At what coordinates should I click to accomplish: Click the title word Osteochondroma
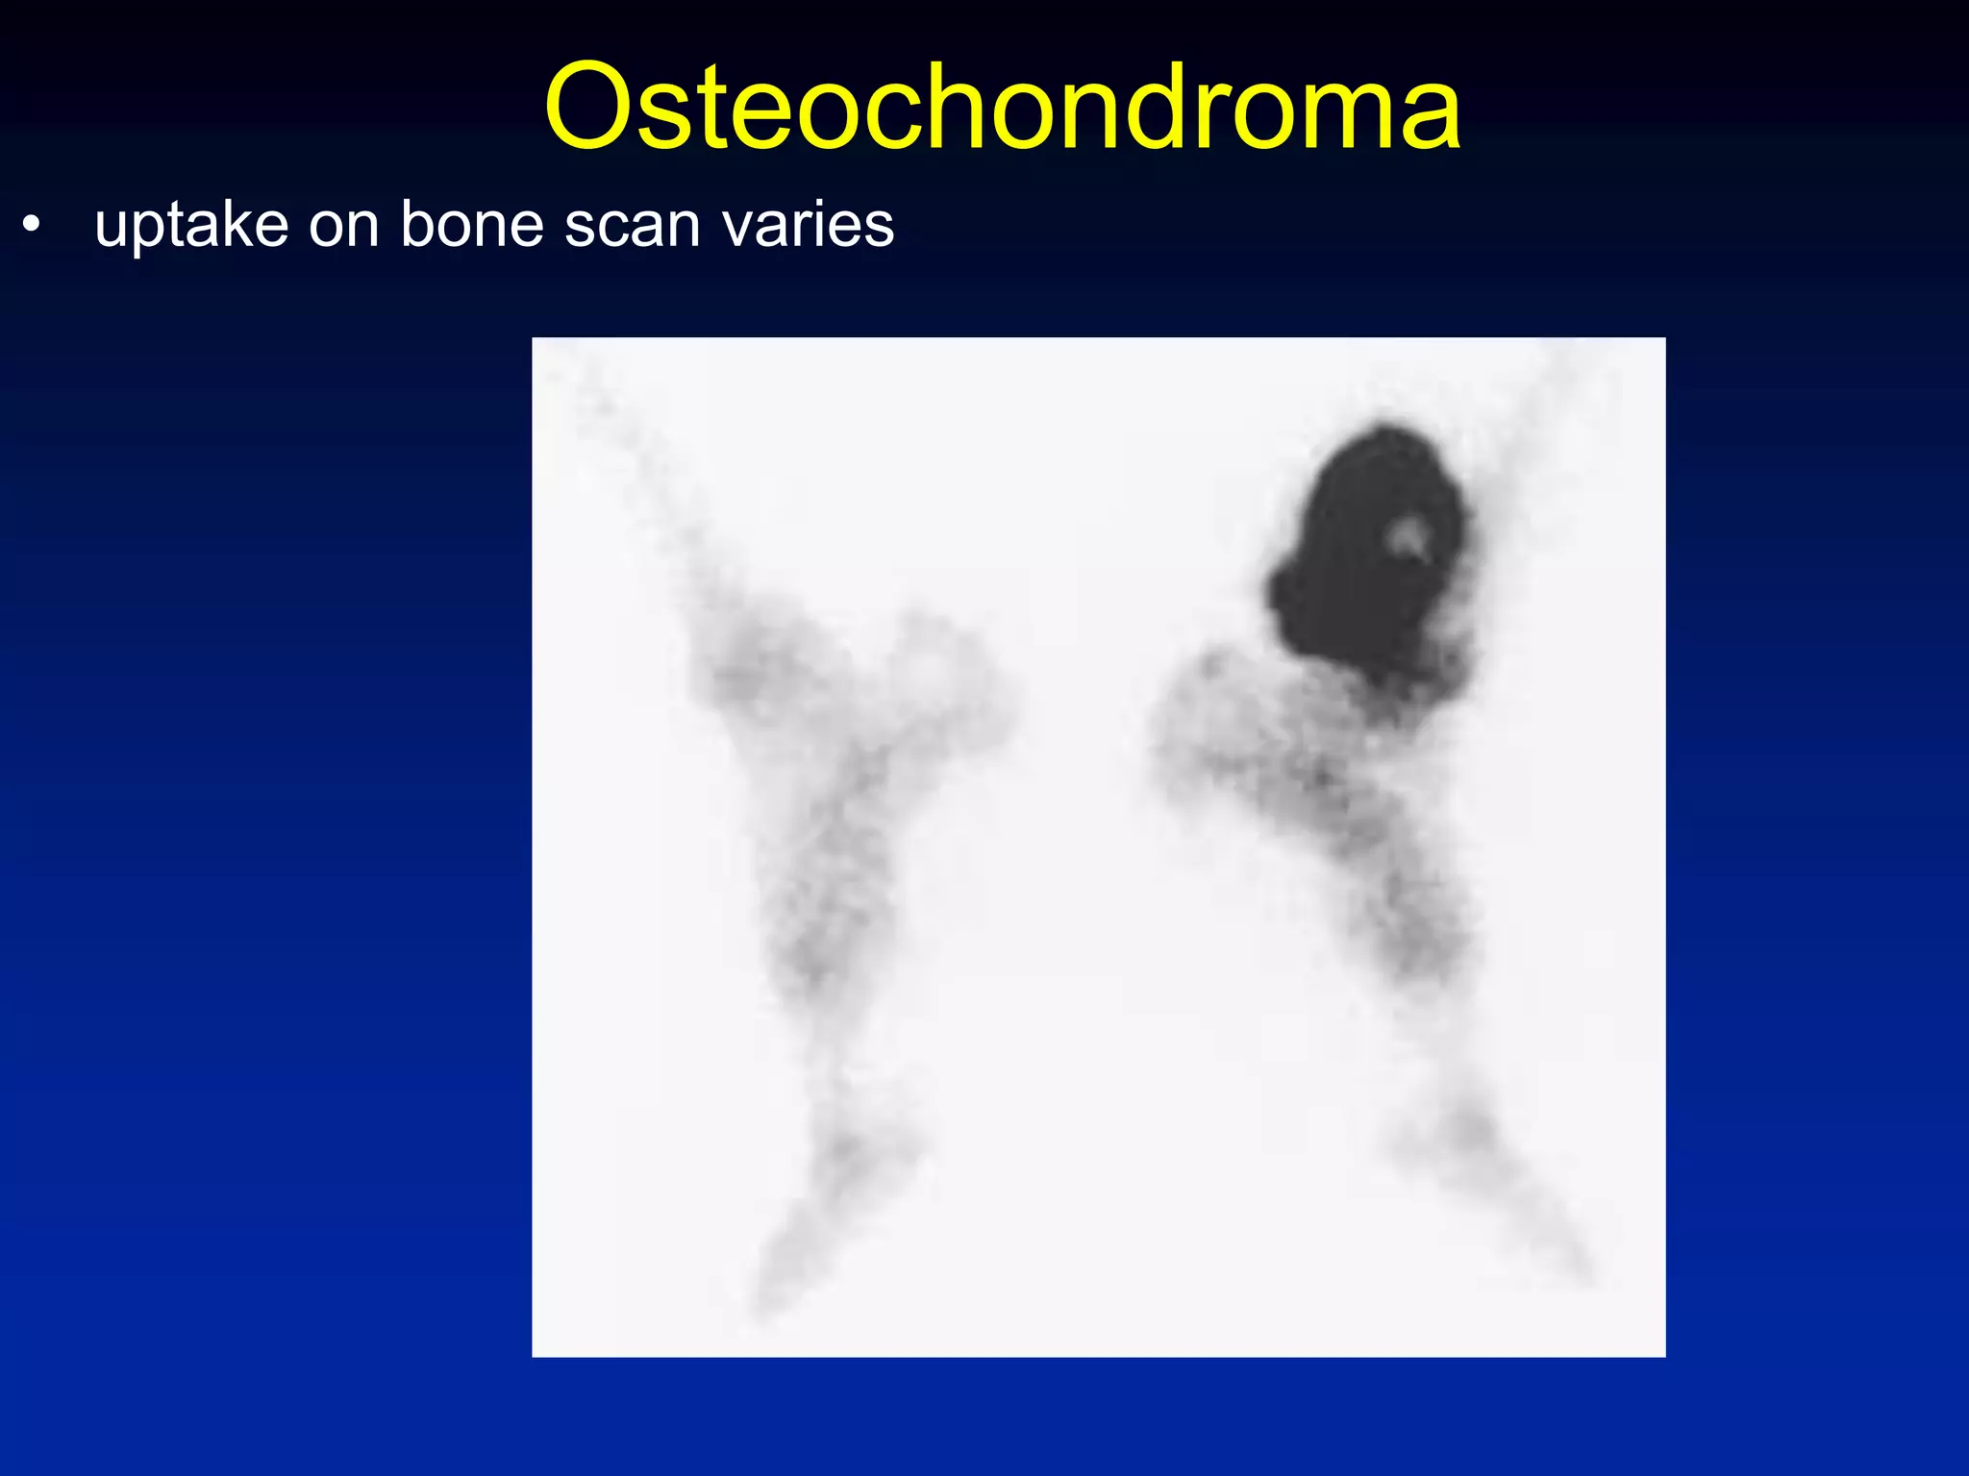pyautogui.click(x=1002, y=107)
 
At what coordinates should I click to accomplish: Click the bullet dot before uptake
pyautogui.click(x=33, y=225)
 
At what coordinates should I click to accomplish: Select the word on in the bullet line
pyautogui.click(x=343, y=228)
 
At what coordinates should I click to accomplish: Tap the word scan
pyautogui.click(x=633, y=228)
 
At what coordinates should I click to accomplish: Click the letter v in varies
pyautogui.click(x=737, y=228)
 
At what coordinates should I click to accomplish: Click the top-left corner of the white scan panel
pyautogui.click(x=534, y=339)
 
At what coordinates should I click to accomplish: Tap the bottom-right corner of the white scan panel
pyautogui.click(x=1663, y=1355)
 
